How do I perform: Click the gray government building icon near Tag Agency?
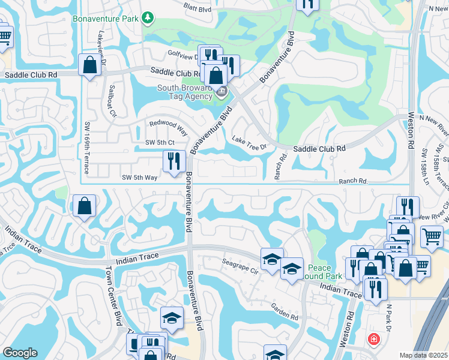tap(221, 92)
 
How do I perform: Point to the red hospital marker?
tap(375, 340)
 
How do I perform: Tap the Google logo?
tap(20, 353)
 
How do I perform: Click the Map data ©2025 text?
tap(424, 355)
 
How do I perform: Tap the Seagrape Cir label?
tap(241, 268)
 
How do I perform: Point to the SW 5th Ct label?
tap(160, 142)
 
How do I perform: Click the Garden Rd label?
tap(284, 311)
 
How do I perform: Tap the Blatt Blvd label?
tap(199, 8)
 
